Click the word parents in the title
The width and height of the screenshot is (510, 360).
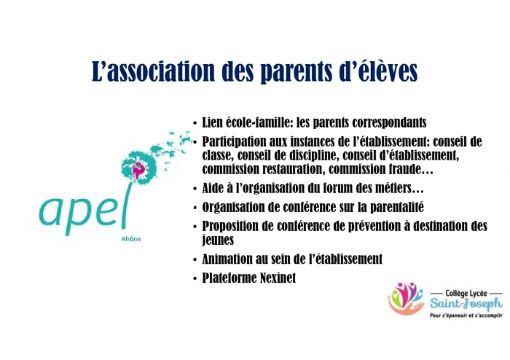click(297, 71)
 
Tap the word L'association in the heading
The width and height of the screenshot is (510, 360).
click(153, 70)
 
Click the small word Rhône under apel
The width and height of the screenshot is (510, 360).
click(131, 239)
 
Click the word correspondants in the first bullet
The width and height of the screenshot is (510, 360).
click(385, 123)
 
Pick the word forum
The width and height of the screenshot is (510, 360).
click(336, 188)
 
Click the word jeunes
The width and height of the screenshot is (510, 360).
click(218, 240)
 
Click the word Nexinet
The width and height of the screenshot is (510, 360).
click(278, 278)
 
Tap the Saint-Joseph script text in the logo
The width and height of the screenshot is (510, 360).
click(466, 304)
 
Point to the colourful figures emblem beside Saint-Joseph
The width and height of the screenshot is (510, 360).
click(406, 298)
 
